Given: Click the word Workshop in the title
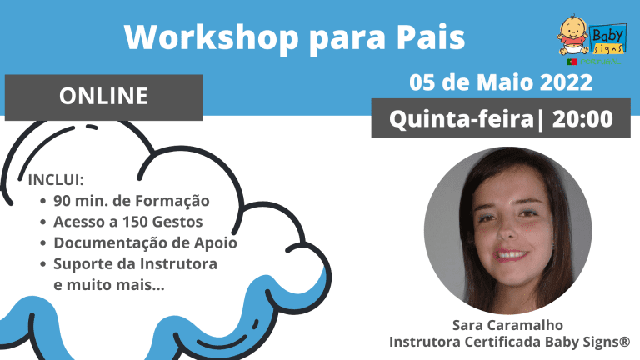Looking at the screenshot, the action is (212, 37).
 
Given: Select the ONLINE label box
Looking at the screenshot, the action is (103, 97).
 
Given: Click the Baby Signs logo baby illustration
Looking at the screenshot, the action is (572, 35).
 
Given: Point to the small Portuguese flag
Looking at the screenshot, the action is (572, 62).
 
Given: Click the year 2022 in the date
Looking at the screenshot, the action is (566, 82).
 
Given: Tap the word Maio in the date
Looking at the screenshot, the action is (505, 82).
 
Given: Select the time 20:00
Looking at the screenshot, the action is (582, 119).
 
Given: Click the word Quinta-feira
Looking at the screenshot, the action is (462, 119).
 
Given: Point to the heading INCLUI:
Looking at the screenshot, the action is (56, 180).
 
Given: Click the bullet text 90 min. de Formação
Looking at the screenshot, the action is (132, 201).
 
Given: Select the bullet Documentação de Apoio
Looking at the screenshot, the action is (145, 242).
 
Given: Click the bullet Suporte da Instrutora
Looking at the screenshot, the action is (135, 263).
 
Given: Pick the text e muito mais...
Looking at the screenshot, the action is (109, 285).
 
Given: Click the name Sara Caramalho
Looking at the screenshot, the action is (507, 325).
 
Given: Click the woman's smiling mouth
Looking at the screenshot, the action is (510, 255).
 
